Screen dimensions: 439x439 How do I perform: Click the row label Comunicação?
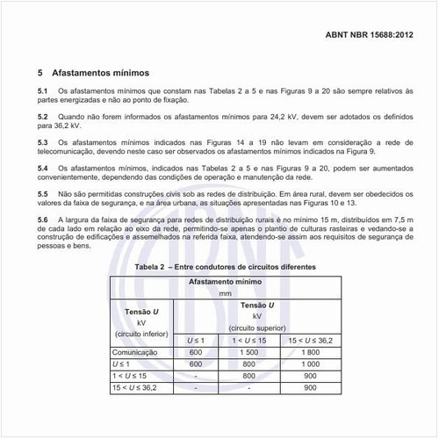136,351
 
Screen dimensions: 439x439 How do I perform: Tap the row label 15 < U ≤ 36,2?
134,386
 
